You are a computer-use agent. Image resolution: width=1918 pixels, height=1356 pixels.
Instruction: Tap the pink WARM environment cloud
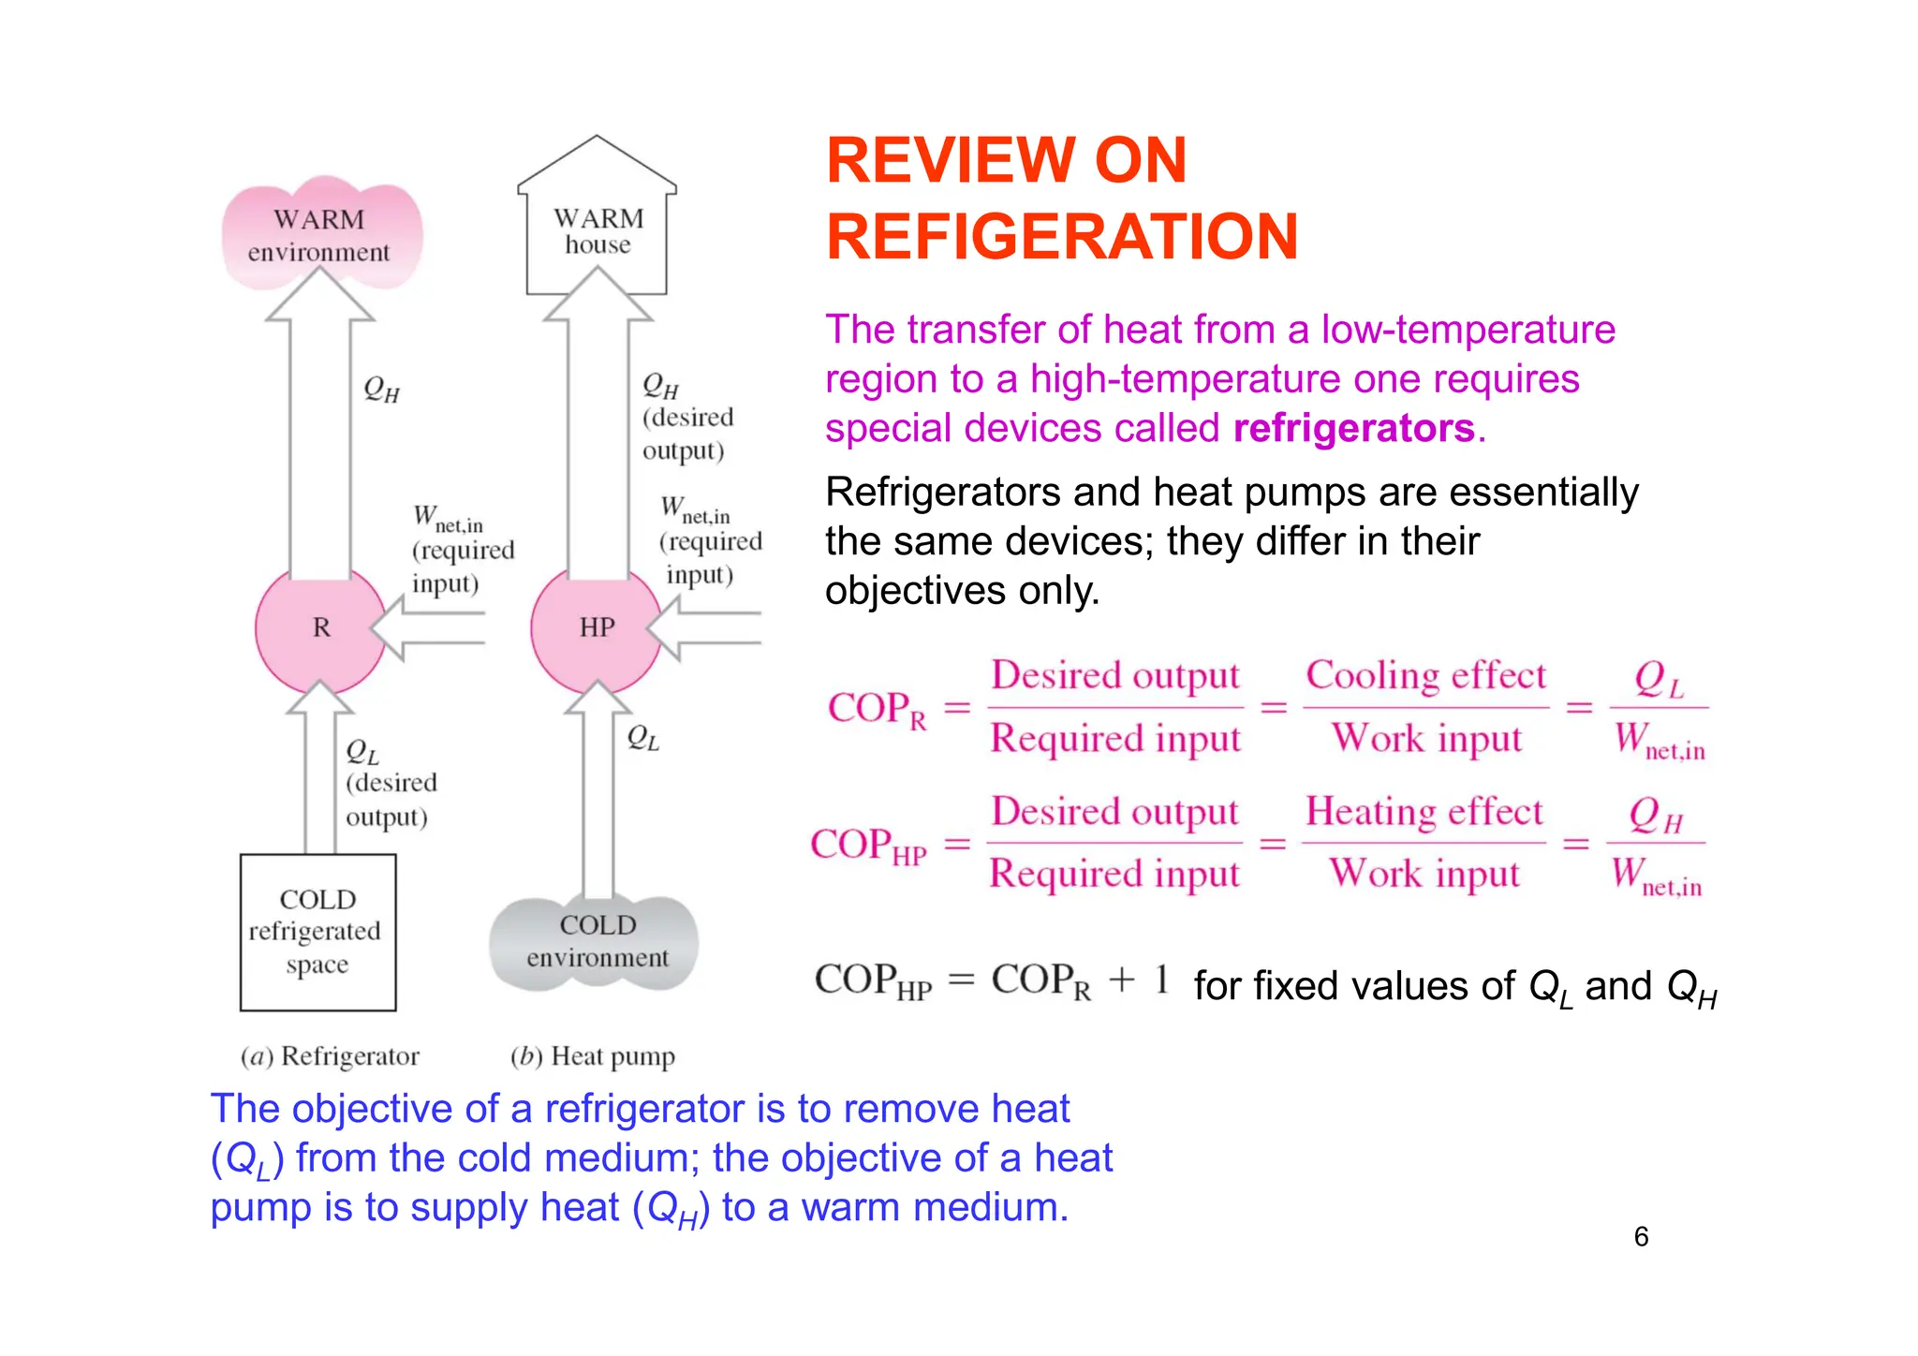(x=320, y=234)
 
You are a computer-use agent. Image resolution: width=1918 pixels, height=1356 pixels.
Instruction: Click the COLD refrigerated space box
(x=317, y=932)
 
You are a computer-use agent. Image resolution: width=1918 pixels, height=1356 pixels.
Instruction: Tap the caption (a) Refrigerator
(x=330, y=1056)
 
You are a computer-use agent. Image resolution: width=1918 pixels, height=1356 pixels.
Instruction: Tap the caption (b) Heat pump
(x=592, y=1056)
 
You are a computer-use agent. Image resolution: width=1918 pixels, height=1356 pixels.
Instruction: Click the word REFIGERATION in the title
(x=1062, y=237)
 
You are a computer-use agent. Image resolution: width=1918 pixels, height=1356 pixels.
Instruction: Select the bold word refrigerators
(x=1353, y=428)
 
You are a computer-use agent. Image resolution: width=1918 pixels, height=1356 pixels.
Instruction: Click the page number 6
(x=1641, y=1236)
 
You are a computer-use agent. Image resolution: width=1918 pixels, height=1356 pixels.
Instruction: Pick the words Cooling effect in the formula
(x=1425, y=676)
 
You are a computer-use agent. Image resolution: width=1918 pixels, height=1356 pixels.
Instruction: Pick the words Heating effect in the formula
(x=1424, y=812)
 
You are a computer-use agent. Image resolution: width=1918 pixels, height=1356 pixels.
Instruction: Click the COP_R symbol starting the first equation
(x=876, y=710)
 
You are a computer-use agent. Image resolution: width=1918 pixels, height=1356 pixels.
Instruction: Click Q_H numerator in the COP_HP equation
(x=1656, y=816)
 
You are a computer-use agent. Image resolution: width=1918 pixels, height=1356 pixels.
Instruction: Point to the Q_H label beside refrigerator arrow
(x=381, y=389)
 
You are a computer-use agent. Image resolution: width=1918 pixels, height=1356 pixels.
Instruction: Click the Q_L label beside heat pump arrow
(x=642, y=738)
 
